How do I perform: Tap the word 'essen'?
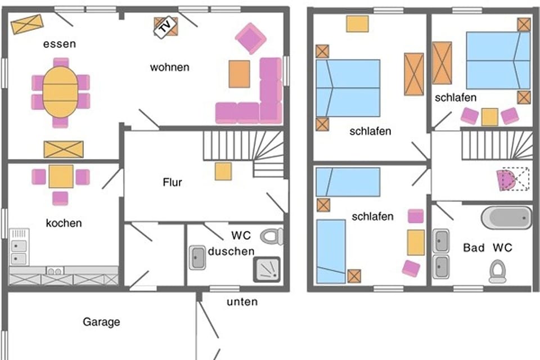click(x=59, y=44)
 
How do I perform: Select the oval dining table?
click(x=60, y=92)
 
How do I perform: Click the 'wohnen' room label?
click(x=169, y=67)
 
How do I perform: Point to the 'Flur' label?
click(x=173, y=182)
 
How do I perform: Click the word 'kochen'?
click(x=64, y=223)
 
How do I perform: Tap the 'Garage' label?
click(x=101, y=322)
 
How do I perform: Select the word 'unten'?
click(x=242, y=302)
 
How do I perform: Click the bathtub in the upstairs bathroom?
click(x=506, y=218)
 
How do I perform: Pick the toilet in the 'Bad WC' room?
click(x=497, y=271)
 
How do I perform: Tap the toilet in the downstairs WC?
click(x=272, y=236)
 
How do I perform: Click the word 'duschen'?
click(x=231, y=251)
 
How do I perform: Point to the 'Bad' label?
click(x=474, y=247)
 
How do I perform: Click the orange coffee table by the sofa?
click(x=239, y=74)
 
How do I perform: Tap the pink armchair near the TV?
click(x=250, y=38)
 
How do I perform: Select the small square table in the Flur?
click(x=223, y=171)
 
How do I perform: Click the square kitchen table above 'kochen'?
click(x=61, y=177)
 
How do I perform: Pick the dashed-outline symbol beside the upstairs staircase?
click(x=513, y=179)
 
